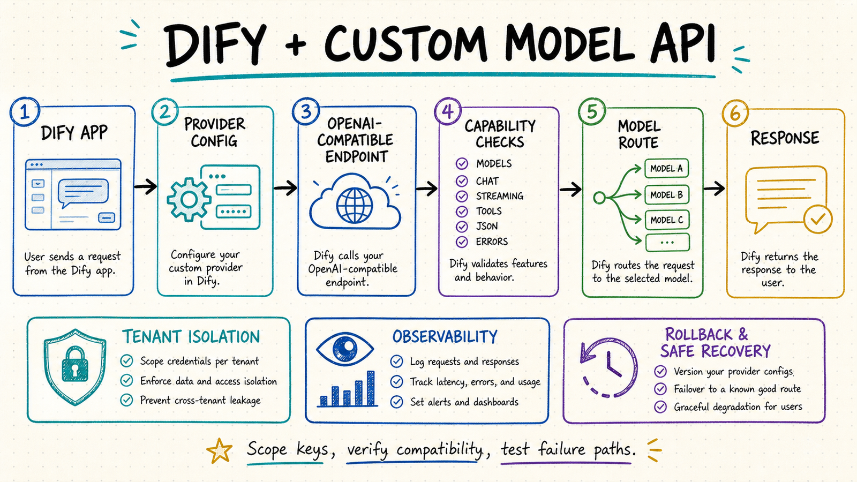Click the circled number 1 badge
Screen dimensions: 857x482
pos(25,112)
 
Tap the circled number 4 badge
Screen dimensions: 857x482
pos(448,111)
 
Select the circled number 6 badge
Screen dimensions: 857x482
pos(735,113)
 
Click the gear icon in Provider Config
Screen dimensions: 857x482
pos(189,199)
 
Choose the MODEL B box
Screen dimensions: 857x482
pos(666,195)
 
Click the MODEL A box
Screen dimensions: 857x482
pos(666,168)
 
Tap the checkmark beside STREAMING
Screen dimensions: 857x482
pos(462,196)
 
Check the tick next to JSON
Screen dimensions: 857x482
pos(462,227)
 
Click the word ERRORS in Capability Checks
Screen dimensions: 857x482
pos(492,242)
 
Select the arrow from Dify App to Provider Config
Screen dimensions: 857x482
pos(145,186)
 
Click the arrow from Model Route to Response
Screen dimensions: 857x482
pos(714,188)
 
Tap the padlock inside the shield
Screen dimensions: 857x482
pos(74,365)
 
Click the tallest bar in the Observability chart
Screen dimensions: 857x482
pos(371,388)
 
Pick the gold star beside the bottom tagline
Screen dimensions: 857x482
pos(219,450)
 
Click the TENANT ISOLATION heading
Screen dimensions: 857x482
pos(191,337)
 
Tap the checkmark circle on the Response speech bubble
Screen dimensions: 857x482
pos(818,219)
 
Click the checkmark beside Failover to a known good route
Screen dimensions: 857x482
pos(660,389)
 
